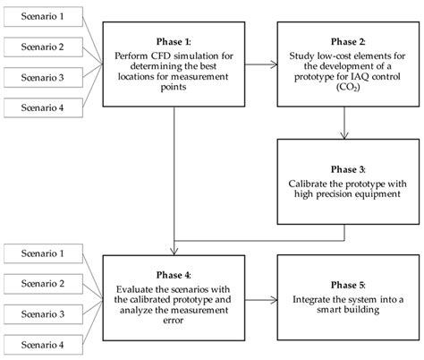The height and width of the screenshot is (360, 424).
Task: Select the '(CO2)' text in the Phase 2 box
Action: (x=343, y=90)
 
